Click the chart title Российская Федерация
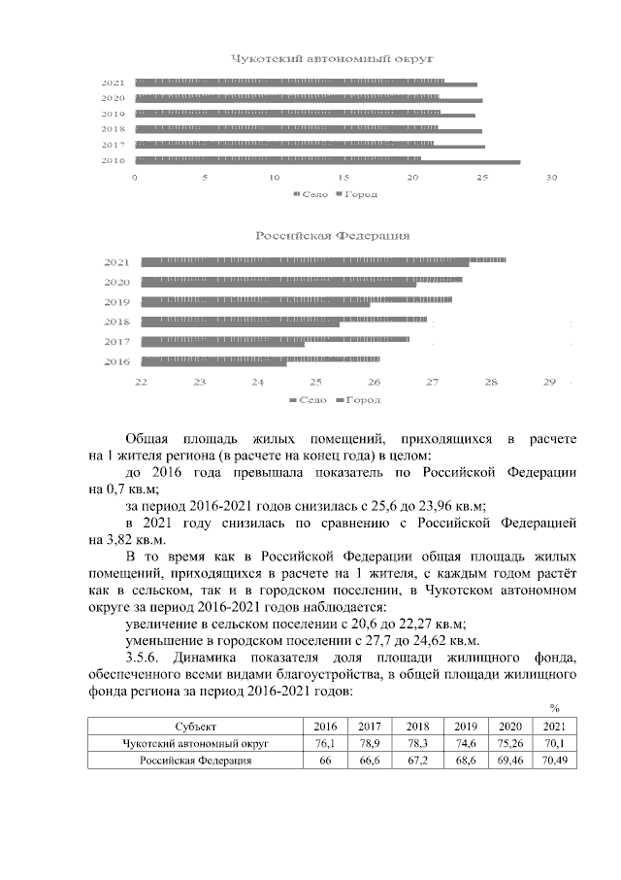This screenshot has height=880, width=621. pyautogui.click(x=332, y=236)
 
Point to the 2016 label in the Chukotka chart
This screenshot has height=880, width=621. pyautogui.click(x=113, y=160)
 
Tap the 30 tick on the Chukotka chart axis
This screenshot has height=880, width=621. pyautogui.click(x=552, y=179)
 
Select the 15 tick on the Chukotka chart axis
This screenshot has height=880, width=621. pyautogui.click(x=343, y=179)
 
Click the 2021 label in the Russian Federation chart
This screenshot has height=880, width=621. pyautogui.click(x=117, y=262)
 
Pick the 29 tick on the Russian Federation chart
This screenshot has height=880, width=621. pyautogui.click(x=550, y=381)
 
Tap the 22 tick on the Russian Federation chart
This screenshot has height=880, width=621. pyautogui.click(x=141, y=381)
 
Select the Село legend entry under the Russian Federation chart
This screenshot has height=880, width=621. pyautogui.click(x=310, y=399)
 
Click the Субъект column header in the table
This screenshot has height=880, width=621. pyautogui.click(x=195, y=726)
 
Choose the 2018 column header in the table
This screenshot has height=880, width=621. pyautogui.click(x=418, y=726)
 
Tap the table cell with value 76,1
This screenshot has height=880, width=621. pyautogui.click(x=326, y=743)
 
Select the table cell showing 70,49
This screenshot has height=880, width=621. pyautogui.click(x=553, y=761)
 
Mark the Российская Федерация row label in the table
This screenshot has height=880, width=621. pyautogui.click(x=195, y=761)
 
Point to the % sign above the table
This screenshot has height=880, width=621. pyautogui.click(x=554, y=707)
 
